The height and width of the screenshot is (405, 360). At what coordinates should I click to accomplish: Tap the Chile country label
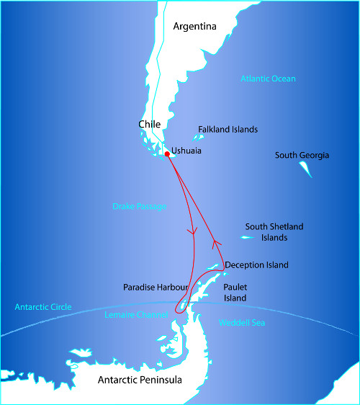coord(149,125)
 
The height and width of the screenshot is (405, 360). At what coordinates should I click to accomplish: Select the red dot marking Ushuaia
coord(167,153)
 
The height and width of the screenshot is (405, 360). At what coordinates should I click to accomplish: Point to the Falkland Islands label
coord(228,130)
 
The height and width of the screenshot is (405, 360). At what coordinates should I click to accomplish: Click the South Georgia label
coord(302,155)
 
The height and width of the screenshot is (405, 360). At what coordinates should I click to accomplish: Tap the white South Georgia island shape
coord(306,169)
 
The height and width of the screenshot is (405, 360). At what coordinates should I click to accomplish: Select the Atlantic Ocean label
coord(268,79)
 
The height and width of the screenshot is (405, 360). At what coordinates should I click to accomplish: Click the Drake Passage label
coord(140,206)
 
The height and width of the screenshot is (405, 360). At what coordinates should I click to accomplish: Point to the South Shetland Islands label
coord(274,231)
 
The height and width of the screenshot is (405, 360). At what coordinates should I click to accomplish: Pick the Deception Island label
coord(256,265)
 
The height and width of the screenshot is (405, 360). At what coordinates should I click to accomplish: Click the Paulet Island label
coord(235,292)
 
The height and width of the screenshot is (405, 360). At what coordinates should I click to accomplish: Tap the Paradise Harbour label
coord(156,287)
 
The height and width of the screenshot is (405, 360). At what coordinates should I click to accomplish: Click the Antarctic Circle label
coord(43,307)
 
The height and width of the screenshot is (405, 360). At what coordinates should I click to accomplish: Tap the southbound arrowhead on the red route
coord(192,232)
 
